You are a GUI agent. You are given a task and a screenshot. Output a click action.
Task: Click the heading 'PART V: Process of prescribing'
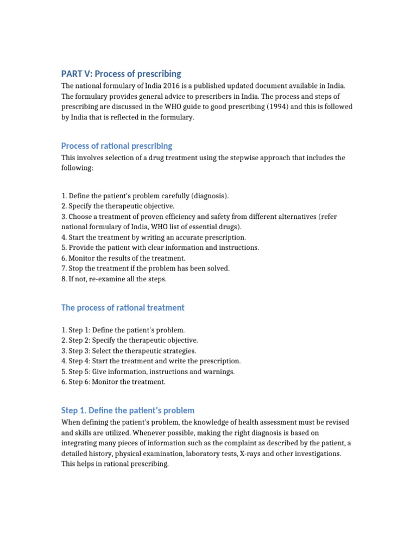coord(121,74)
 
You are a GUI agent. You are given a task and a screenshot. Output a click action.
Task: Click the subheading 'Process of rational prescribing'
coord(117,146)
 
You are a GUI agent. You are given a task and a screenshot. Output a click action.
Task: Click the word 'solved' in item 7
coord(218,268)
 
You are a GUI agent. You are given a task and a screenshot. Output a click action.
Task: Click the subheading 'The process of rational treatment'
coord(123,308)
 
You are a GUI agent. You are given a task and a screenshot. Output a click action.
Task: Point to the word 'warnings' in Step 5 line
coord(219,371)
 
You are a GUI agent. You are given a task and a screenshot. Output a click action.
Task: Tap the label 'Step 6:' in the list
coord(79,382)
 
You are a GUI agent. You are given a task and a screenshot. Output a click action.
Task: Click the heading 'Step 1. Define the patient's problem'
coord(128,410)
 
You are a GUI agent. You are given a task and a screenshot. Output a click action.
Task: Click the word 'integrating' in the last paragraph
coord(79,443)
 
